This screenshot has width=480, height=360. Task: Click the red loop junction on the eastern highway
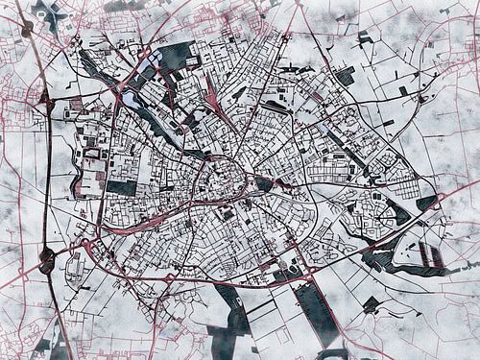coord(373,249)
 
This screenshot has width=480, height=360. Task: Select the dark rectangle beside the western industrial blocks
coord(121,187)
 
